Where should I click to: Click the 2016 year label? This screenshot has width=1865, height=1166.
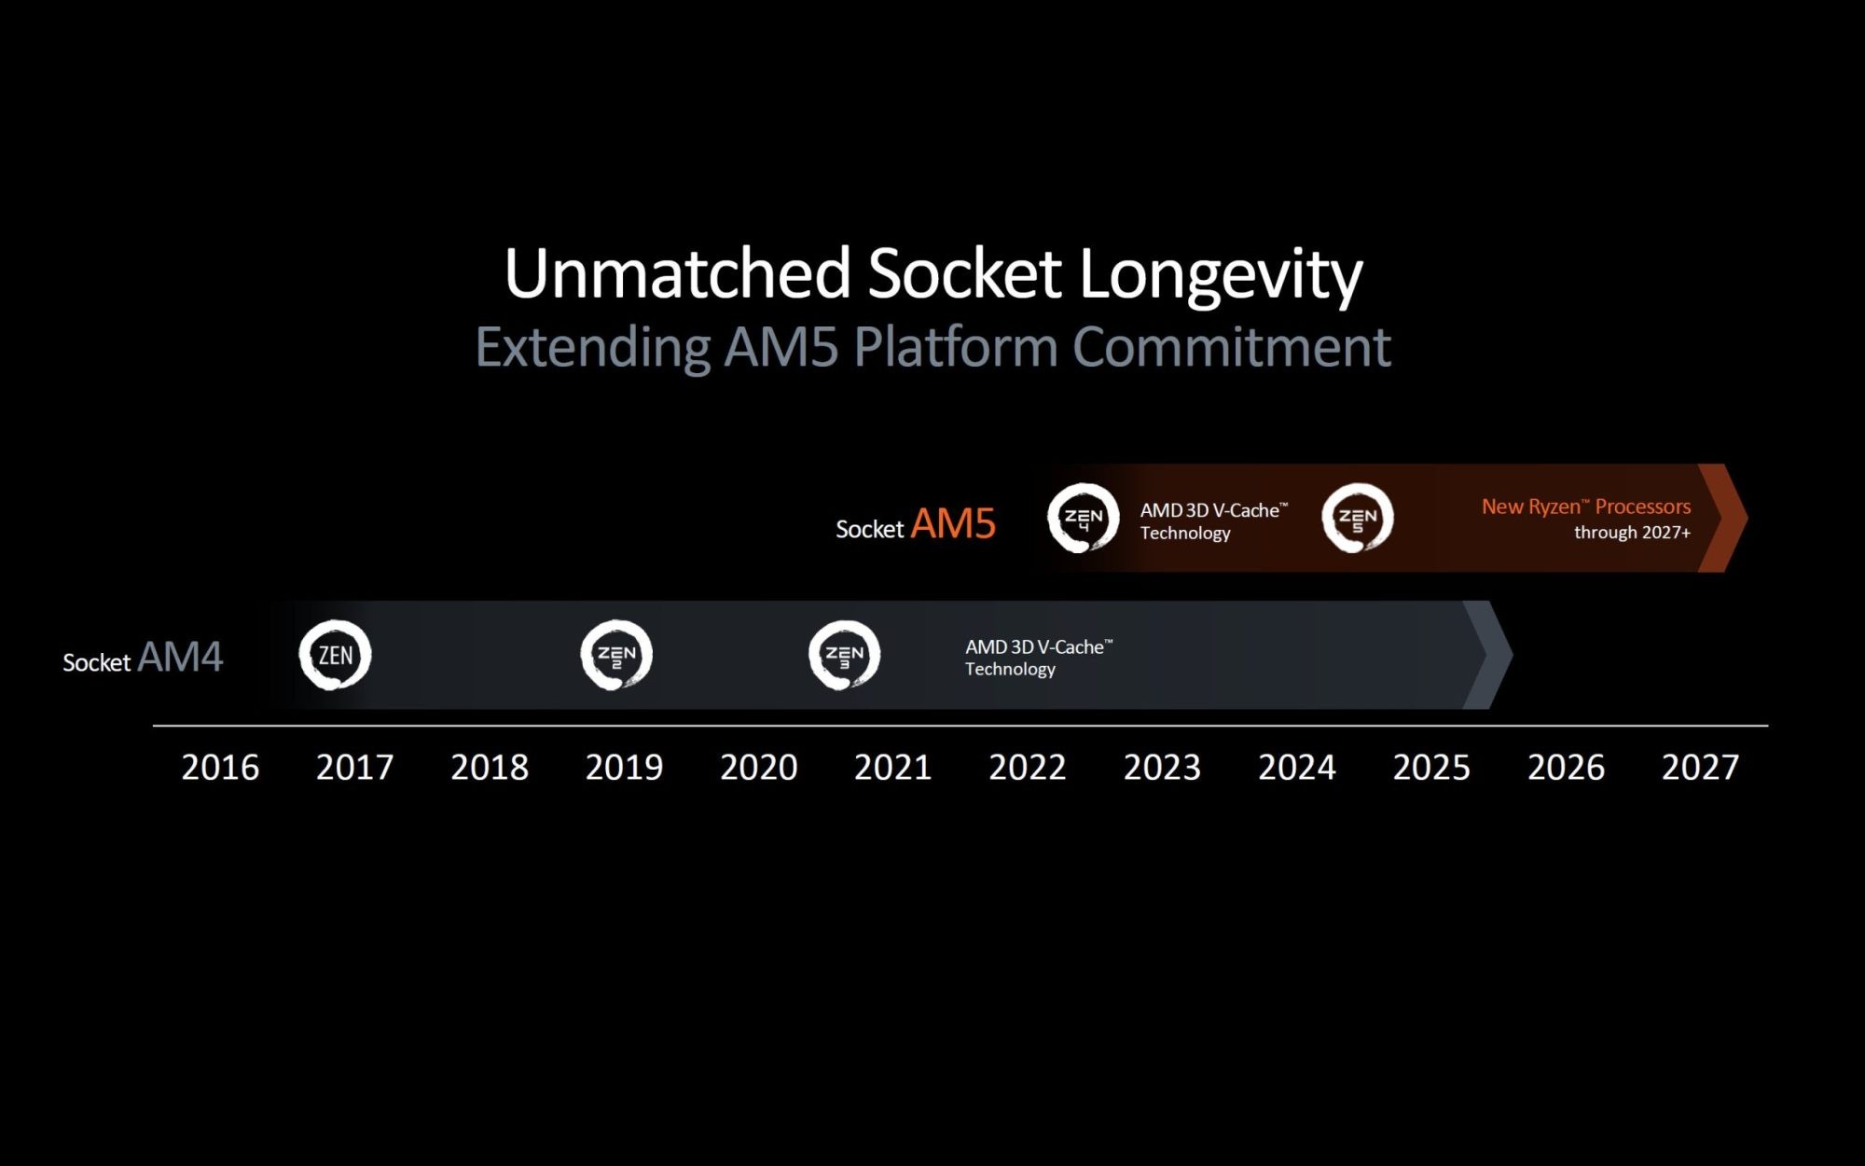(220, 768)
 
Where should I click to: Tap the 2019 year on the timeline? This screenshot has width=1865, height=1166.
(624, 768)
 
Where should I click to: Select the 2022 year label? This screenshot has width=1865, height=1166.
(1027, 768)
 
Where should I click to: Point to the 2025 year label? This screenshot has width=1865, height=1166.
(1431, 768)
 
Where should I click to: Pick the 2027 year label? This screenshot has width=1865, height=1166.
(1700, 768)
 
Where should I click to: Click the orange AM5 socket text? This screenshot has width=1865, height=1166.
(953, 524)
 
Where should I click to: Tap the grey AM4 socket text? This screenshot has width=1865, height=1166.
(180, 658)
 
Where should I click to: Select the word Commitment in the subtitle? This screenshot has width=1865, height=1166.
(1231, 347)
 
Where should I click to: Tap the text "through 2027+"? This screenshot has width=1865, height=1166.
(1632, 533)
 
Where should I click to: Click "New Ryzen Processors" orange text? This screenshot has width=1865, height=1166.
(1586, 507)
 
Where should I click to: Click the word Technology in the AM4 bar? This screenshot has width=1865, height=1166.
(1010, 669)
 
